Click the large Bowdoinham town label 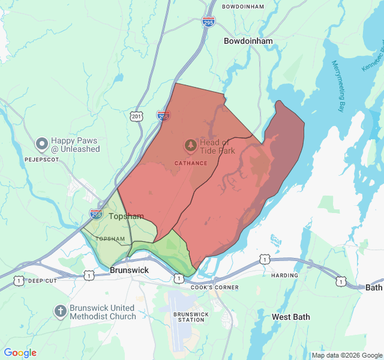(x=248, y=41)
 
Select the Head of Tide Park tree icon (x=190, y=145)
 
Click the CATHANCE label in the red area (x=191, y=163)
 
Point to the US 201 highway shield (x=138, y=115)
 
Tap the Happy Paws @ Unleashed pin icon (x=41, y=143)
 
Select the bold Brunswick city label (x=129, y=270)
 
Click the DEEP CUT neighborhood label (x=42, y=281)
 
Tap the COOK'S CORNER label (x=215, y=287)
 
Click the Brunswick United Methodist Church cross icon (x=60, y=311)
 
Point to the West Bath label (x=291, y=316)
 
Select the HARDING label (x=284, y=275)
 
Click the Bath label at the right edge (x=374, y=287)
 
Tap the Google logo (x=20, y=353)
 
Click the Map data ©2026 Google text (x=347, y=355)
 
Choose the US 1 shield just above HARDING (x=265, y=259)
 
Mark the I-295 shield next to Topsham (x=96, y=214)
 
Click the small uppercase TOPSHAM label (x=110, y=239)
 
